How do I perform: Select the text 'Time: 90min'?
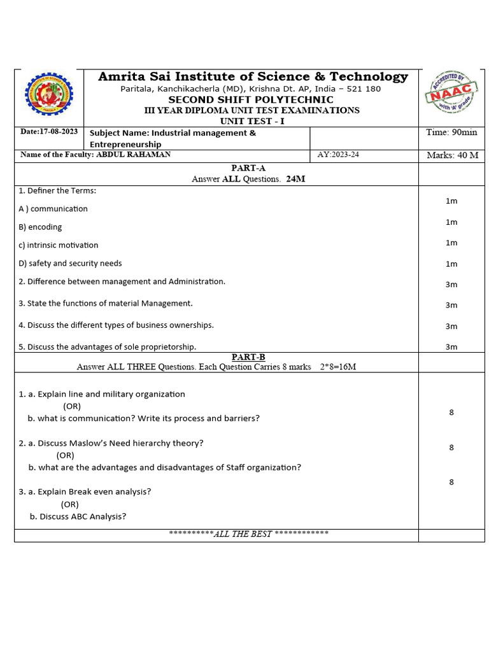click(451, 132)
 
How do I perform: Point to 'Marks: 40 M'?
click(451, 155)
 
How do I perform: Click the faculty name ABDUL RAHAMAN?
click(133, 155)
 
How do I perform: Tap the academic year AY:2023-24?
click(338, 155)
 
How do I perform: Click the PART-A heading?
click(248, 168)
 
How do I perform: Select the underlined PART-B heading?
click(248, 357)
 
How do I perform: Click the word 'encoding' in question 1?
click(45, 227)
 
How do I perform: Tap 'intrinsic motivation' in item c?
click(62, 245)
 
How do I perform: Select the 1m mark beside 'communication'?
click(451, 201)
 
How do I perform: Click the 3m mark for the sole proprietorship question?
click(451, 347)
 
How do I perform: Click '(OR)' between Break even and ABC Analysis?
click(70, 504)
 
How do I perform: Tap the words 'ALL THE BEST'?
click(243, 534)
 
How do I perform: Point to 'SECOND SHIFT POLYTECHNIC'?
click(251, 100)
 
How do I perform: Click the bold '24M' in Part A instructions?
click(295, 179)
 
